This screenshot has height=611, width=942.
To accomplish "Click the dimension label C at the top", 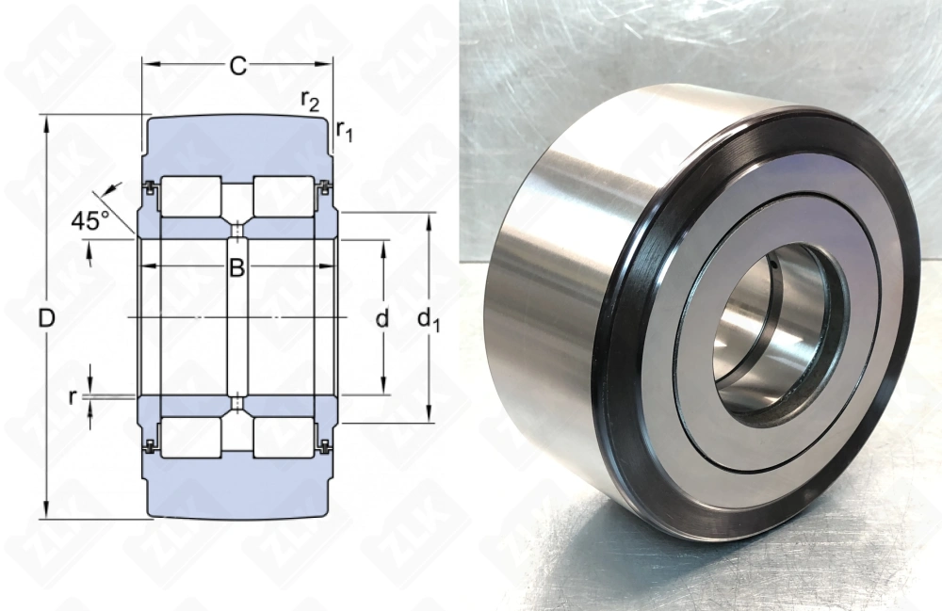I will coord(238,66).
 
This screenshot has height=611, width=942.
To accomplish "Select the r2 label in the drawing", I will coord(308,100).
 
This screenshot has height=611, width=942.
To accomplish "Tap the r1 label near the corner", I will coord(345,132).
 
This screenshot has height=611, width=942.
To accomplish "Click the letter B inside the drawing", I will coord(237,268).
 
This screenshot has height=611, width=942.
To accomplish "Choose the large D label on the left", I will coord(45,319).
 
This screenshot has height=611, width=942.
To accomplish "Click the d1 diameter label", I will coord(430,321).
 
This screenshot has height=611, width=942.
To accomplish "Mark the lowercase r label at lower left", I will coord(73,397).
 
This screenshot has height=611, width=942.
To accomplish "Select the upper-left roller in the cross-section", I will coord(191,197).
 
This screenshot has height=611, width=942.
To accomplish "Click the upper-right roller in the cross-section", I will coord(284,197).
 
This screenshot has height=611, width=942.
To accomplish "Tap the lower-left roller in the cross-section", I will coord(191,437).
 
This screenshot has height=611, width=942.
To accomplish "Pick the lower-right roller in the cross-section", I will coord(284,437).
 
